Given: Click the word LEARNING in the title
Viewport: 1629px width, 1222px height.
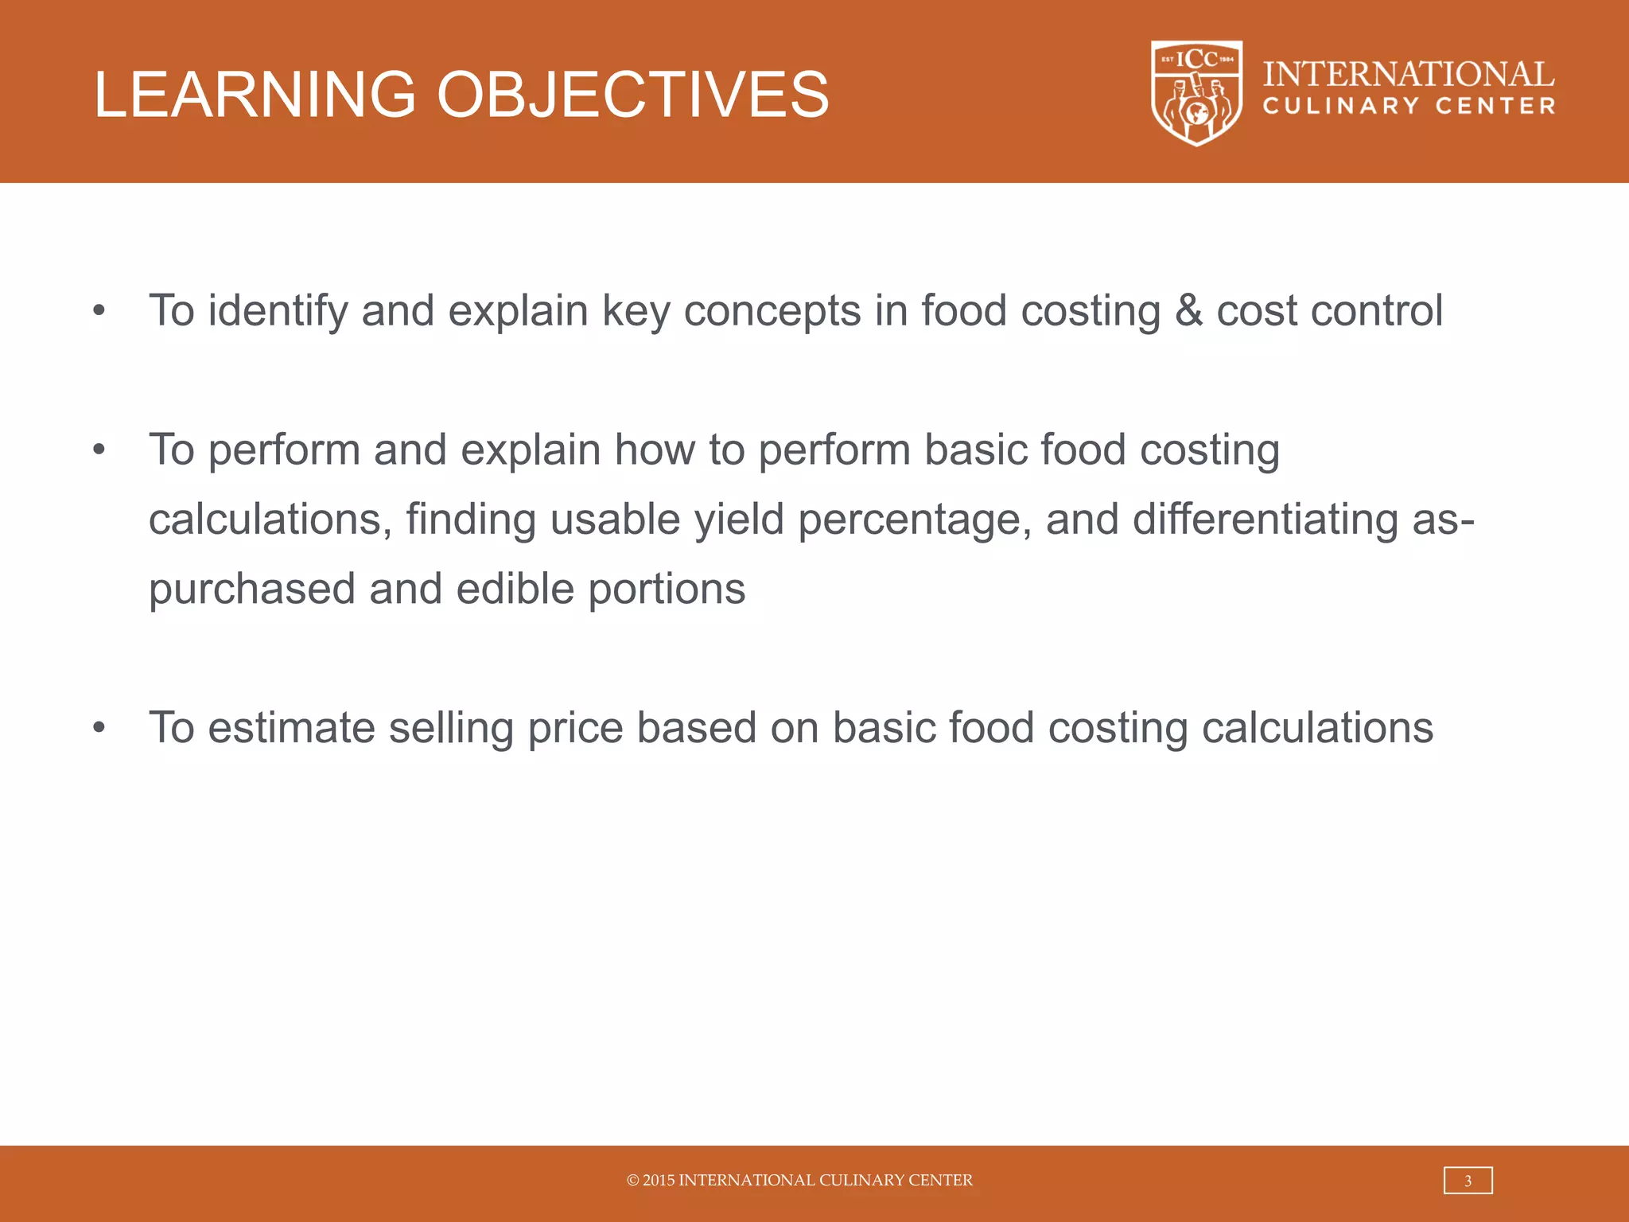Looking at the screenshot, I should point(255,95).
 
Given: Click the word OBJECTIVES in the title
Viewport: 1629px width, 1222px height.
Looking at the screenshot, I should point(632,95).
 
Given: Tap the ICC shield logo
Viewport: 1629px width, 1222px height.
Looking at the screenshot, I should point(1196,93).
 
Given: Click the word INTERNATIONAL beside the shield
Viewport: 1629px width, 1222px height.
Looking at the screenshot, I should point(1409,74).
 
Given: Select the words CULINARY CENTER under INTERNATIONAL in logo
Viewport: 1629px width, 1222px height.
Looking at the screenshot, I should point(1409,107).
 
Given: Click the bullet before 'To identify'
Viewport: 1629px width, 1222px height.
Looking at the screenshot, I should point(99,311).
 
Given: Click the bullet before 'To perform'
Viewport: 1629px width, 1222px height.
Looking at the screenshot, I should point(99,450).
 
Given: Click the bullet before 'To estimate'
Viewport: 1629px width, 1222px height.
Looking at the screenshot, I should point(99,728).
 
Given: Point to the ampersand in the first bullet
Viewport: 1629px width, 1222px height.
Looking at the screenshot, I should point(1188,311).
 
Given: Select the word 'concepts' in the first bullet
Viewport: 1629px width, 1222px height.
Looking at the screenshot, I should point(772,311).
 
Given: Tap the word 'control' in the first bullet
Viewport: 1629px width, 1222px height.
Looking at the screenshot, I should point(1376,311).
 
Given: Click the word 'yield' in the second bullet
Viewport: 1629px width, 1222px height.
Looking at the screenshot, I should point(739,520).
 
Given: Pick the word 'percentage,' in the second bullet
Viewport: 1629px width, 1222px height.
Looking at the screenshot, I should point(915,520).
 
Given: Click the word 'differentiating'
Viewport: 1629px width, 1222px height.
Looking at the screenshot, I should point(1265,520).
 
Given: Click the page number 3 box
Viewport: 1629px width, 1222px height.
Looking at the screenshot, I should point(1468,1181).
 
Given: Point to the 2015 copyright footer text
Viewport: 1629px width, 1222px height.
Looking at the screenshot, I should point(799,1181).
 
